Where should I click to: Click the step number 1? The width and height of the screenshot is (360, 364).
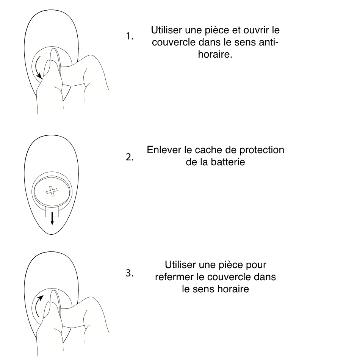[130, 36]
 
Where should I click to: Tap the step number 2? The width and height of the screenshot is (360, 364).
[130, 157]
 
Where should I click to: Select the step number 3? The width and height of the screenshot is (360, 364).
[130, 273]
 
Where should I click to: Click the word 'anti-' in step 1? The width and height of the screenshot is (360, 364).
[268, 42]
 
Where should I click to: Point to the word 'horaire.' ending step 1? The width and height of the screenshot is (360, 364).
[215, 54]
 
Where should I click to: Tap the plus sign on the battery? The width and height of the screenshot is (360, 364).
[52, 191]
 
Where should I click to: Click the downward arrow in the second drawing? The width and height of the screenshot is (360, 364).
[52, 218]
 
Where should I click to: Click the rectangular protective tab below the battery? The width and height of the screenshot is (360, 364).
[52, 212]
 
